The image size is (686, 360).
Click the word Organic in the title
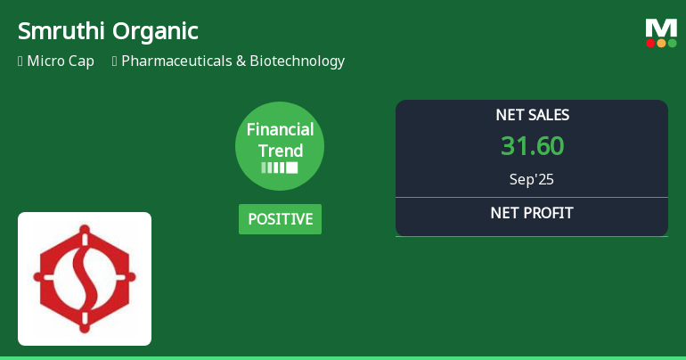[x=155, y=31]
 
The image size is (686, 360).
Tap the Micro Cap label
[x=60, y=61]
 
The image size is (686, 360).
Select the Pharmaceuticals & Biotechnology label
[x=233, y=61]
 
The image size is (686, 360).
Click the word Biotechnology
[x=297, y=61]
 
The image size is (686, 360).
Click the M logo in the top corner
[x=661, y=28]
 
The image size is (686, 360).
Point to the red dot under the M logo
[x=650, y=43]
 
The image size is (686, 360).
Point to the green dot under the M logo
[x=673, y=43]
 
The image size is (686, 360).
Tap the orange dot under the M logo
[x=661, y=43]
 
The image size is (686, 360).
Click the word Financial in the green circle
[x=280, y=130]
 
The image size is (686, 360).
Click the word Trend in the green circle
[x=280, y=151]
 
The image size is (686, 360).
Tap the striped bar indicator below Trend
[x=280, y=168]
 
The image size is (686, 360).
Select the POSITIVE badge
[x=280, y=218]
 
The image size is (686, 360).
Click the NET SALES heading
[x=532, y=115]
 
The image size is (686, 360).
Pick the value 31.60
[x=532, y=146]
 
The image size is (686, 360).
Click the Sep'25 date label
[x=532, y=179]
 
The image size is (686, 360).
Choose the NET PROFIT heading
[x=532, y=213]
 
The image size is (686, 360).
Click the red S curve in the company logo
[x=85, y=279]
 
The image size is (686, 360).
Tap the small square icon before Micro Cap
[x=20, y=61]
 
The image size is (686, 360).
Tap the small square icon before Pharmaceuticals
[x=114, y=61]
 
